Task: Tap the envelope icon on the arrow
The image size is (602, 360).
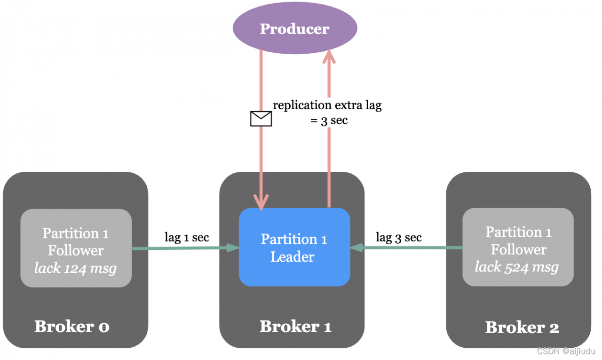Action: pos(261,119)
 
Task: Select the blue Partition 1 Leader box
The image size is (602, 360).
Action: pos(294,248)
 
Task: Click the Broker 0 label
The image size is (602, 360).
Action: pos(72,326)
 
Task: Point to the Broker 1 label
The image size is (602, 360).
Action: pos(295,326)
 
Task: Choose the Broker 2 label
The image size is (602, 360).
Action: pos(522,327)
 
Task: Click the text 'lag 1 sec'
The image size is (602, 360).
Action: pos(187,237)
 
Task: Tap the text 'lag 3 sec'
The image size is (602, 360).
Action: pos(399,237)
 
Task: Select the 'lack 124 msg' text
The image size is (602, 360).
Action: pos(75,268)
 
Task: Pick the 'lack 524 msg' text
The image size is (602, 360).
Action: pos(517,267)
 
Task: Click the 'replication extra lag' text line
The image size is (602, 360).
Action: pos(327,105)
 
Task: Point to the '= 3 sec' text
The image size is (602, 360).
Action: pos(329,120)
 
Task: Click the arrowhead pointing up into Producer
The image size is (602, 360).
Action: pos(329,56)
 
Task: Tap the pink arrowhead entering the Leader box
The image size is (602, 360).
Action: pos(261,201)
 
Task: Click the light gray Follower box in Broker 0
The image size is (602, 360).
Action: pos(76,248)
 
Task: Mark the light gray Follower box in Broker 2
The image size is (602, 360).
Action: pos(518,247)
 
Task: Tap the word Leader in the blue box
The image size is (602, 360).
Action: pos(292,257)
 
